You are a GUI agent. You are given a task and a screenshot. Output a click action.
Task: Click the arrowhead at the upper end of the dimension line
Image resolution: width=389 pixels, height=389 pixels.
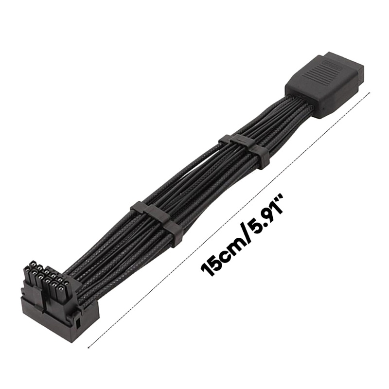pos(369,93)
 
